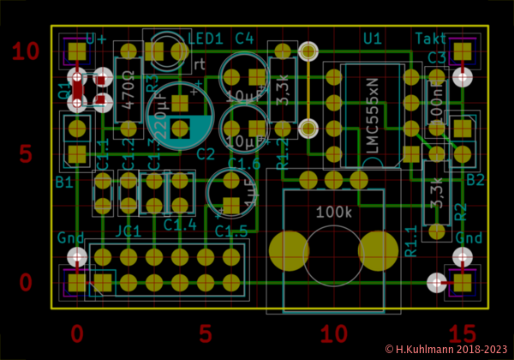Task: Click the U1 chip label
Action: [x=373, y=39]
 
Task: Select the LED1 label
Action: [x=205, y=39]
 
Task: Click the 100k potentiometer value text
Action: [x=333, y=211]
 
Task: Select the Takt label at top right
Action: [x=430, y=39]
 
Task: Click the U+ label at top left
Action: [x=96, y=39]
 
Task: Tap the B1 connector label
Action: [x=64, y=182]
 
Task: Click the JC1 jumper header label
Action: [x=128, y=231]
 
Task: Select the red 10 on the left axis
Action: [x=26, y=51]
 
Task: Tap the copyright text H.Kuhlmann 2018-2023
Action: [x=446, y=350]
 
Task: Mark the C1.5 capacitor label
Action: [x=230, y=231]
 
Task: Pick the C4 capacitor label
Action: [x=244, y=39]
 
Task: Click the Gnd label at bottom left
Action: [x=72, y=237]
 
